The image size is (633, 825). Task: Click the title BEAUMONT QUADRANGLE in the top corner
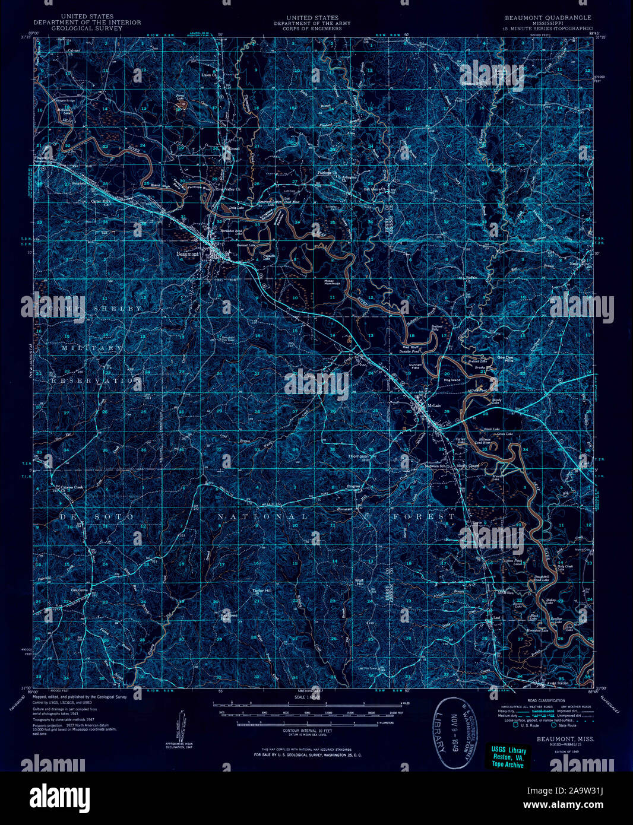point(548,18)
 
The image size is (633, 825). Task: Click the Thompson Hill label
point(358,458)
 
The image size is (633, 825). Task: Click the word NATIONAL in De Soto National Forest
point(262,517)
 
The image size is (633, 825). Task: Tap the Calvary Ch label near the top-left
point(73,51)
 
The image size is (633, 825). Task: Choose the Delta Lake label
point(229,208)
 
